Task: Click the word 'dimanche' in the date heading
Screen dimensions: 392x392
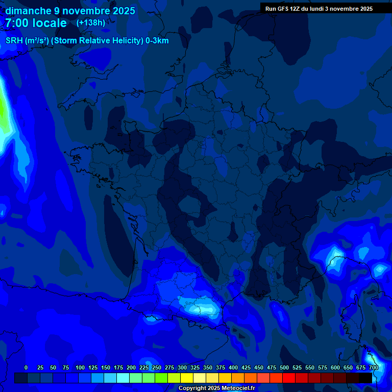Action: (28, 11)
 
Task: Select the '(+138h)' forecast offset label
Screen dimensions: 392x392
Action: (91, 23)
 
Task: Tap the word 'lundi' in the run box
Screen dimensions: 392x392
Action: (323, 9)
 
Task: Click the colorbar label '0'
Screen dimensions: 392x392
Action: (26, 367)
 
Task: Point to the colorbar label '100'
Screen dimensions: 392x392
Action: (80, 367)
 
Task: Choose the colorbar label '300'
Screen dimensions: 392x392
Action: (182, 367)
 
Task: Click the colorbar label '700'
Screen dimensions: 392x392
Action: (374, 367)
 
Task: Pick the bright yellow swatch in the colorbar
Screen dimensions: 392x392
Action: (187, 378)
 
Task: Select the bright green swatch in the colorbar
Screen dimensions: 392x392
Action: (161, 378)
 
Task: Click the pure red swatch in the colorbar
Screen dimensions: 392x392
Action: (289, 378)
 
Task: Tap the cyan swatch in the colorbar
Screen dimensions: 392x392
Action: (123, 378)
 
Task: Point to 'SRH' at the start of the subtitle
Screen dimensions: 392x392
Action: (14, 41)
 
